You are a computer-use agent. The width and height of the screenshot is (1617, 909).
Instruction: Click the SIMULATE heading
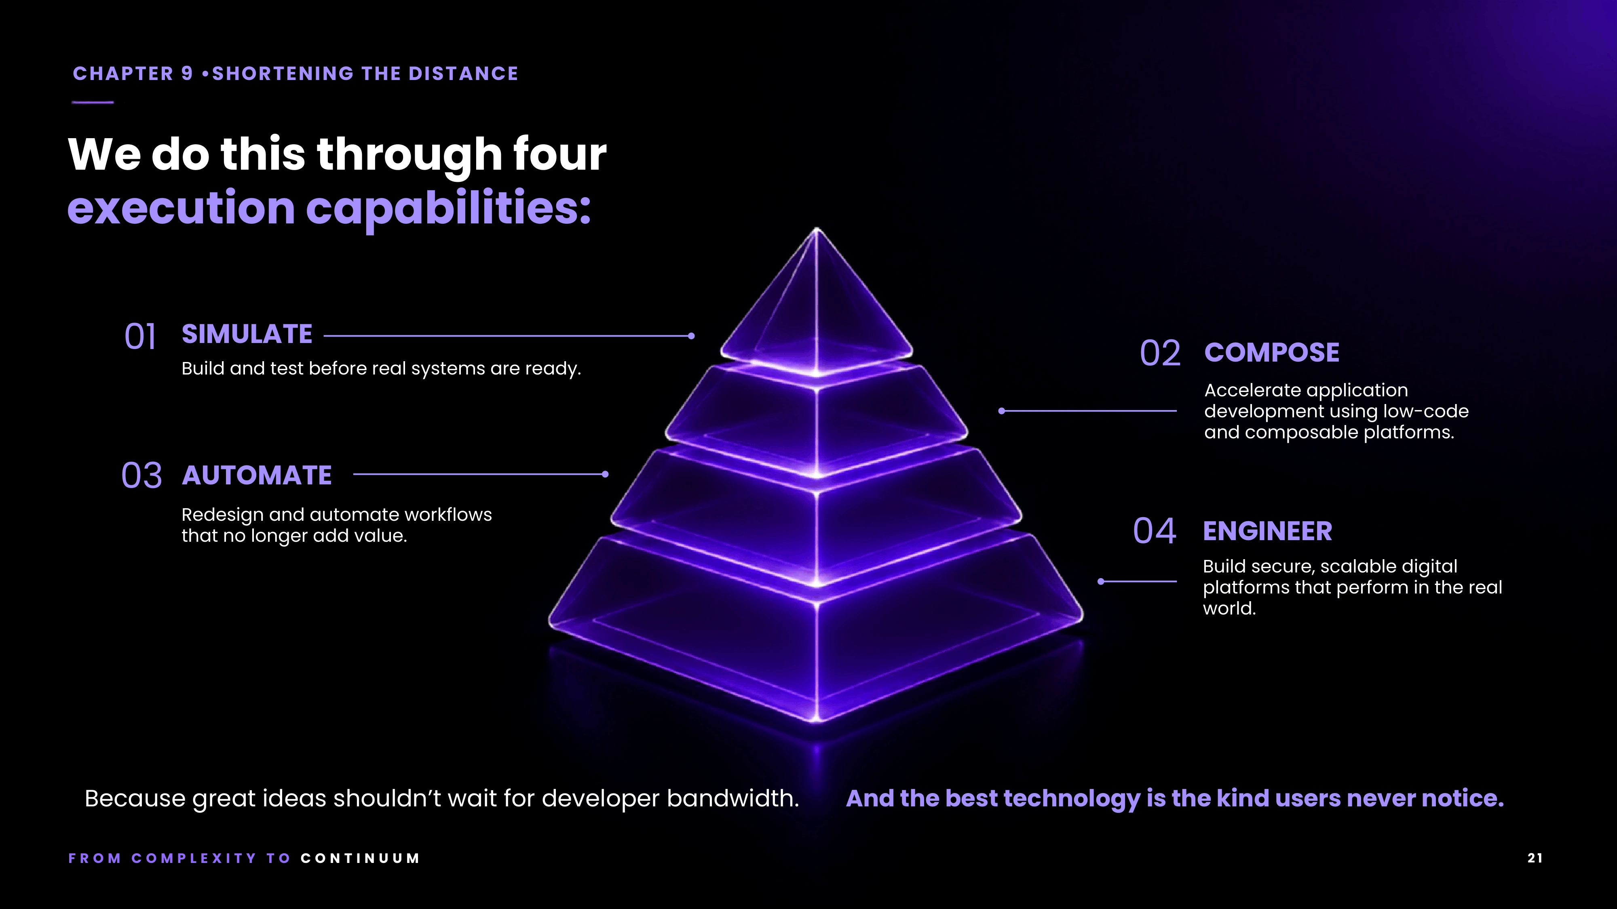[x=247, y=335]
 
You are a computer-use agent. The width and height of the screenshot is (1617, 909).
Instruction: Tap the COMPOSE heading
[x=1272, y=353]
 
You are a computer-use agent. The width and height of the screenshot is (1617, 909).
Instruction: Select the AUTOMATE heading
[x=257, y=476]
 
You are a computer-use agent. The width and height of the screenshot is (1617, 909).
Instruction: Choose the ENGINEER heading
[x=1267, y=531]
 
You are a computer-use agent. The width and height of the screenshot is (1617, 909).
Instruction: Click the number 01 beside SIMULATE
[x=140, y=337]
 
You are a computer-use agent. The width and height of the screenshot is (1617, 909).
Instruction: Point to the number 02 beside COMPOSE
[x=1160, y=353]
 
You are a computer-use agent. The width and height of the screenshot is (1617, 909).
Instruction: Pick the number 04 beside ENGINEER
[x=1155, y=531]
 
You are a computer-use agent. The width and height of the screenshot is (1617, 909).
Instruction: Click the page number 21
[x=1535, y=858]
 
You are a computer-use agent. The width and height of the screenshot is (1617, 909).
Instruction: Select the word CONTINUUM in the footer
[x=360, y=858]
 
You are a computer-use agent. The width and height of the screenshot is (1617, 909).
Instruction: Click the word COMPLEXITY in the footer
[x=194, y=858]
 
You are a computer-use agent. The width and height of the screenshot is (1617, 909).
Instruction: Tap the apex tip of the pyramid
[x=817, y=229]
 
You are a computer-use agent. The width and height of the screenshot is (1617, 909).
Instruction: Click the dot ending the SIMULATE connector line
[x=691, y=336]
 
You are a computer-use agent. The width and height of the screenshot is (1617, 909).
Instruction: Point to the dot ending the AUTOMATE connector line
[x=605, y=474]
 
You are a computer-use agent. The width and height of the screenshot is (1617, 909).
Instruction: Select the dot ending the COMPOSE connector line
[x=1002, y=411]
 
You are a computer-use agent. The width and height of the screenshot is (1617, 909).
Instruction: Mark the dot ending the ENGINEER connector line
[x=1100, y=581]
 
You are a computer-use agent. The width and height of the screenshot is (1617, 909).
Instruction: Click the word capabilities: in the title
[x=448, y=209]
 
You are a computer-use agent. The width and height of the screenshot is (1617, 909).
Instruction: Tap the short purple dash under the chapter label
[x=93, y=102]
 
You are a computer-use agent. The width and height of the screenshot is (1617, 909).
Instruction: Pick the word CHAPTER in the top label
[x=123, y=74]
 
